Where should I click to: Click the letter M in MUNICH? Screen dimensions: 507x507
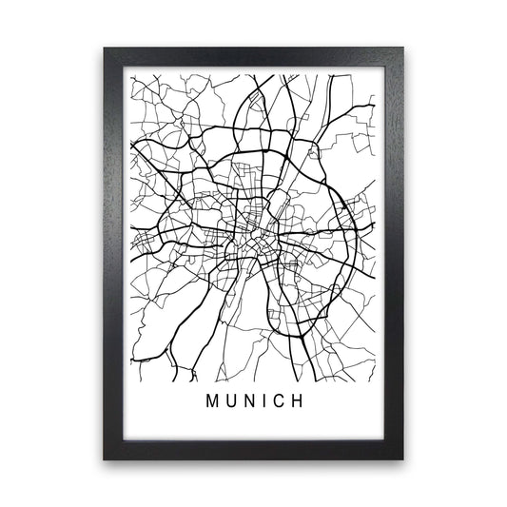[211, 401]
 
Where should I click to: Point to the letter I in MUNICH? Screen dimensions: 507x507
[265, 401]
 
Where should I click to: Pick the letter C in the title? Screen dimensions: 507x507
[281, 401]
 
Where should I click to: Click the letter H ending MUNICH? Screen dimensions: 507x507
[300, 401]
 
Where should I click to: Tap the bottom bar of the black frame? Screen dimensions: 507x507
[253, 450]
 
